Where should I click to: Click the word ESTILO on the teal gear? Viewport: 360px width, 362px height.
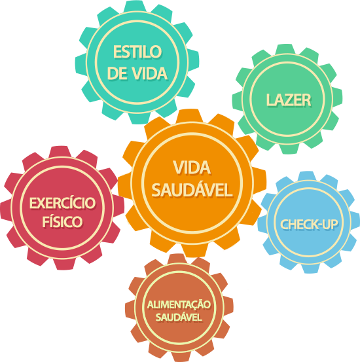[137, 52]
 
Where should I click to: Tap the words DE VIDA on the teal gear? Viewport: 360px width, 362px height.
[137, 74]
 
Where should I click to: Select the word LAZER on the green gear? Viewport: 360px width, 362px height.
[289, 100]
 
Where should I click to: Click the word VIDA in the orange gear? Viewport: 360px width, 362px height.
[192, 168]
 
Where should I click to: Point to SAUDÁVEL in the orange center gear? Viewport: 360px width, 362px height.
[192, 190]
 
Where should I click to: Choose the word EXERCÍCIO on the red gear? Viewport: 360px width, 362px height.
[62, 203]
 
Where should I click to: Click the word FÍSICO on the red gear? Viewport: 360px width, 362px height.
[62, 221]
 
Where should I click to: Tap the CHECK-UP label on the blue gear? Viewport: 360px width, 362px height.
[309, 225]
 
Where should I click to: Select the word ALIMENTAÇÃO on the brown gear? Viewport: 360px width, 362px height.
[179, 304]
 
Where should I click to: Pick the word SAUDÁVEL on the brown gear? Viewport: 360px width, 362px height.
[179, 317]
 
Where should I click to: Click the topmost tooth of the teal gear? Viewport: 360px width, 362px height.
[135, 7]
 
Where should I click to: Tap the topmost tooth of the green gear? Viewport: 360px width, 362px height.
[285, 49]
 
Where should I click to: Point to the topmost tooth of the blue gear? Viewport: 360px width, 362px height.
[307, 176]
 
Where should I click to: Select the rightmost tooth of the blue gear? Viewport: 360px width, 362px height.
[355, 223]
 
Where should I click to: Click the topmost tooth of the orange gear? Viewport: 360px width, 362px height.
[189, 115]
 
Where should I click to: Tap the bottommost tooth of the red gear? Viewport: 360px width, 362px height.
[65, 264]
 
